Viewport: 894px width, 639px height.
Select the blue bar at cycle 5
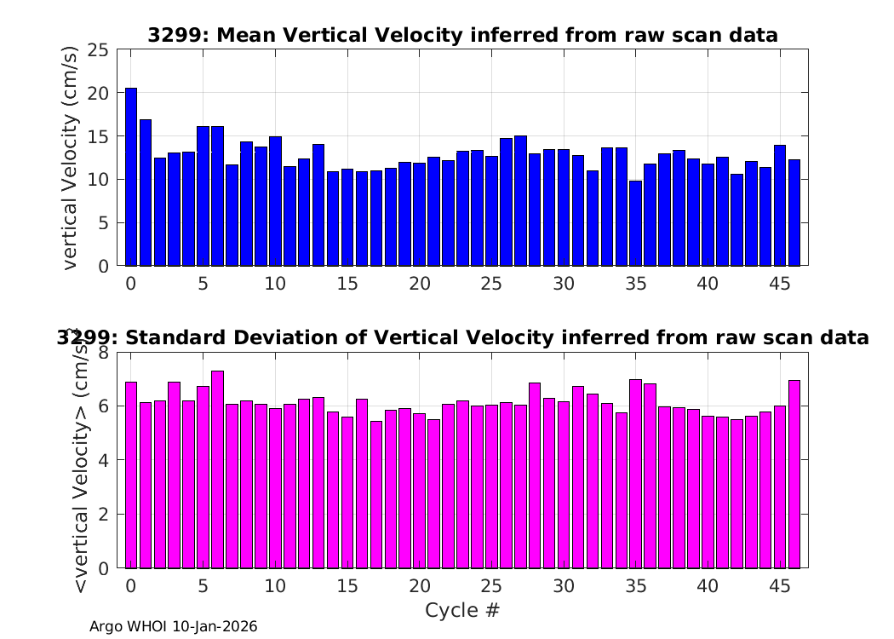pos(203,196)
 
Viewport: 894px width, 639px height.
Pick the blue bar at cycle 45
pos(780,205)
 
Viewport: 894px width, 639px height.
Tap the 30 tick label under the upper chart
pos(564,283)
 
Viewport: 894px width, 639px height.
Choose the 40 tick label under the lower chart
pos(708,586)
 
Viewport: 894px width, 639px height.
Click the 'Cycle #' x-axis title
pos(461,610)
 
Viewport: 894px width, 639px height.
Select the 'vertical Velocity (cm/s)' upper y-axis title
pos(71,158)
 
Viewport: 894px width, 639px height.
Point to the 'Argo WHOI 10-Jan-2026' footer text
pos(174,627)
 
